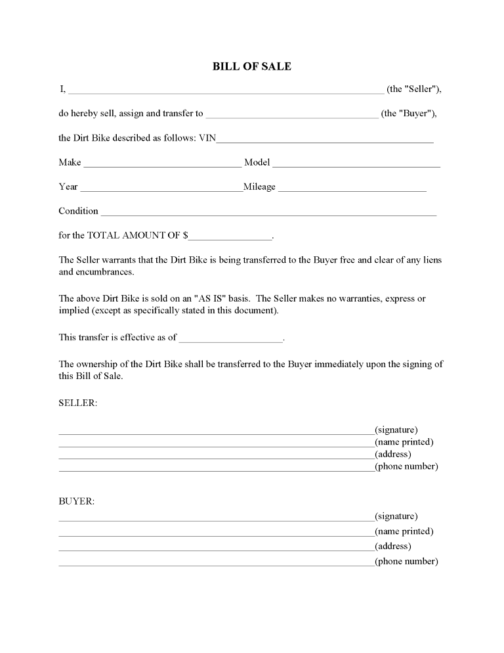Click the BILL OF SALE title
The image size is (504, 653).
252,66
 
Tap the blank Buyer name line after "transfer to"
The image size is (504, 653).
292,116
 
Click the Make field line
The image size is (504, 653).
162,165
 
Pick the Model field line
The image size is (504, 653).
356,165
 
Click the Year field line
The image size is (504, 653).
161,189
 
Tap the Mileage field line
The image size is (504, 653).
352,189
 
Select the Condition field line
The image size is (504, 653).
268,214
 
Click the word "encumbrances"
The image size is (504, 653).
96,271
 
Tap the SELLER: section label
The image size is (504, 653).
77,403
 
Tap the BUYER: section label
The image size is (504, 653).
77,501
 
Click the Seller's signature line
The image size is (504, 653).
216,433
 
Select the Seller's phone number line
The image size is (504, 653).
216,470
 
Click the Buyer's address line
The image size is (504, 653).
216,549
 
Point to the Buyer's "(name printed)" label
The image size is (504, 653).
404,531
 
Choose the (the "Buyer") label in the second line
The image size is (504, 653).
409,113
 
